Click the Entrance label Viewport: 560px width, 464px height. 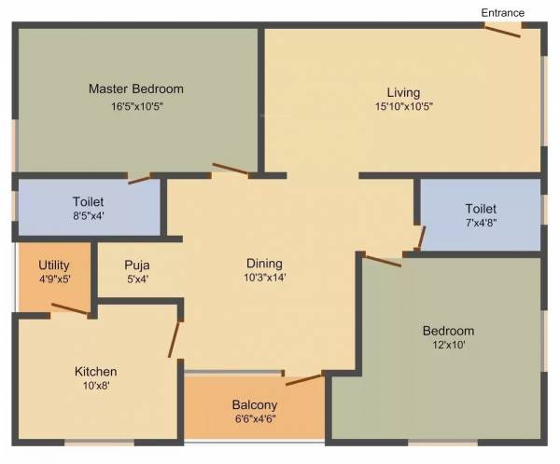click(x=502, y=12)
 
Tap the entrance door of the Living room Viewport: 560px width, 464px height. click(x=501, y=30)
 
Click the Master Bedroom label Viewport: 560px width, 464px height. click(x=136, y=89)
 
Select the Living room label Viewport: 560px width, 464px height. click(x=404, y=92)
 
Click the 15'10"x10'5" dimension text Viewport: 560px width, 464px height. click(x=404, y=106)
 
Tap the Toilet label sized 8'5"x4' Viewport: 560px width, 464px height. click(x=89, y=201)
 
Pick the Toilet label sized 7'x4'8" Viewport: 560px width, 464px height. click(x=482, y=209)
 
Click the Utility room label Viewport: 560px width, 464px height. click(x=54, y=266)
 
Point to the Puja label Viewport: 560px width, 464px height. click(x=137, y=265)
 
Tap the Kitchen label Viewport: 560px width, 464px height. click(x=96, y=372)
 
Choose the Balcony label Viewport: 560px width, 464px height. click(x=253, y=404)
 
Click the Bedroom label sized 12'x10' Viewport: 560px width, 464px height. click(x=448, y=331)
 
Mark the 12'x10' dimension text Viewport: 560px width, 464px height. click(x=448, y=345)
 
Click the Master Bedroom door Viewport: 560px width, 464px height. click(x=231, y=170)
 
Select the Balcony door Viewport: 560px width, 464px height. click(x=304, y=378)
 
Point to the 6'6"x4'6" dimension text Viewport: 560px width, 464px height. click(x=253, y=419)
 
